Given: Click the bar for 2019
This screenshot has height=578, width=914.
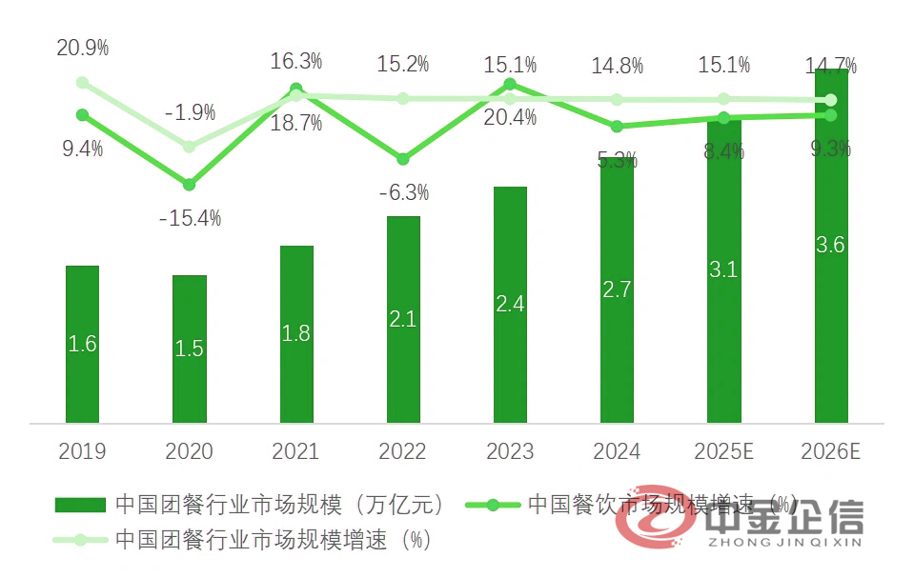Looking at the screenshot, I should [82, 344].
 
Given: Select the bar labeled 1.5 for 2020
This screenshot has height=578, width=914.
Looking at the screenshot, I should [190, 349].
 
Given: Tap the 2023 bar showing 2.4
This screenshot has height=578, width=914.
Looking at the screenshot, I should [510, 305].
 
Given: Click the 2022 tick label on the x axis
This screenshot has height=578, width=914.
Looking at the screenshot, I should [402, 450].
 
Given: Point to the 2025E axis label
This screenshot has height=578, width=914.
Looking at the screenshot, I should [724, 450].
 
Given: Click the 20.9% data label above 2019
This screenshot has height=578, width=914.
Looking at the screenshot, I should [83, 46].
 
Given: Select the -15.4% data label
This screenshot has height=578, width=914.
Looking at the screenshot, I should [190, 218].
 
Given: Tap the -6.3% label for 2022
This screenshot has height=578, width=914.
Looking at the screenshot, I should [403, 193].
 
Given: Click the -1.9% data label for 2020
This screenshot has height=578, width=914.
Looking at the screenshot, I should [190, 112].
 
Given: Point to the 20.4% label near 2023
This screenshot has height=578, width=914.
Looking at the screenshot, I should [511, 118].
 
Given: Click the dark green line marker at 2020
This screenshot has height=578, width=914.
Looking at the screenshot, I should [190, 184].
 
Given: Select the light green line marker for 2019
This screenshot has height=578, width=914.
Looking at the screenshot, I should [83, 83].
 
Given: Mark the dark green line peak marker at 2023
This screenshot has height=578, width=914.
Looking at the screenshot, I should [510, 84].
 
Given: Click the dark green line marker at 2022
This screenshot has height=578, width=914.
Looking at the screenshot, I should [403, 158].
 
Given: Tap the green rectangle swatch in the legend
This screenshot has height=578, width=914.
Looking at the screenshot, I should [81, 504].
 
